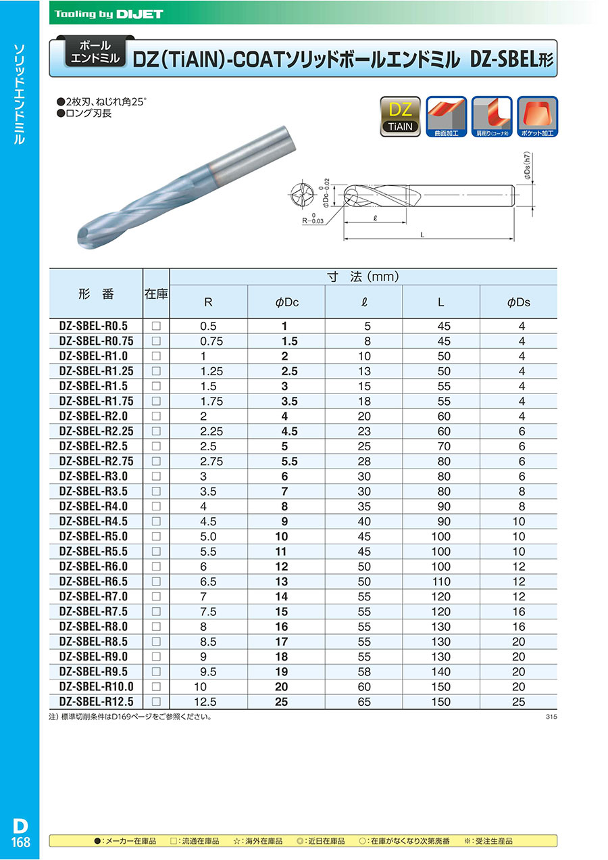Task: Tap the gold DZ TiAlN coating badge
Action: point(401,116)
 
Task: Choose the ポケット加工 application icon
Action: point(537,116)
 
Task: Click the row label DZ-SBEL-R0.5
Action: point(93,325)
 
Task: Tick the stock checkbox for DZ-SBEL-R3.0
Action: point(156,476)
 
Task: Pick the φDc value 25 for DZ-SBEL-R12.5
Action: point(281,702)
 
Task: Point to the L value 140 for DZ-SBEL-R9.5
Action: point(440,672)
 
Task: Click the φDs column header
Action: point(518,302)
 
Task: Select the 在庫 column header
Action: point(156,294)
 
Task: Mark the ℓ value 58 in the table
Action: point(364,672)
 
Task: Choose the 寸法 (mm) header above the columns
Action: point(363,277)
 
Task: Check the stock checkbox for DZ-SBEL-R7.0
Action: point(156,596)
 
